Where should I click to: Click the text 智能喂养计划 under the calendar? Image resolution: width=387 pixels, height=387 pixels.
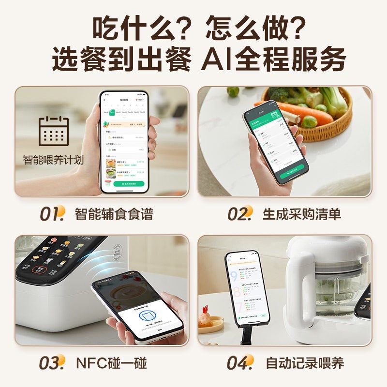coord(53,160)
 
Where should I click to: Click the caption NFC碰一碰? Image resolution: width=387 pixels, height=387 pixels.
coord(111,363)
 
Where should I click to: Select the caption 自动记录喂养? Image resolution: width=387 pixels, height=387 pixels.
coord(305,363)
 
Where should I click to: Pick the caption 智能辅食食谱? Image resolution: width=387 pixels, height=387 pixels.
coord(114,214)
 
